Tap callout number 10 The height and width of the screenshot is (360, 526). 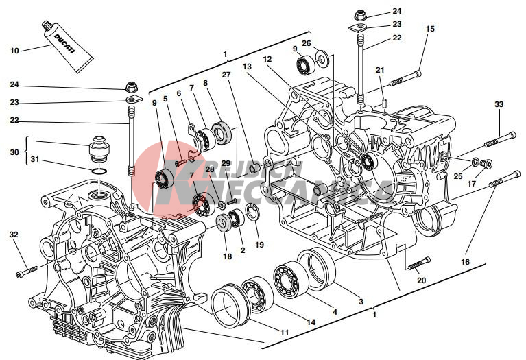point(15,50)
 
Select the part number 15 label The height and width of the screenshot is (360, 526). point(430,29)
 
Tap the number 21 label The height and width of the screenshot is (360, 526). point(381,70)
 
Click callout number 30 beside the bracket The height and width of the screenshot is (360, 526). point(14,152)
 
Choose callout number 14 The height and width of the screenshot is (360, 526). point(310,322)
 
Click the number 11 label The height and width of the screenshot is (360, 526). point(283,333)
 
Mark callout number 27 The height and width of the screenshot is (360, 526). point(226,74)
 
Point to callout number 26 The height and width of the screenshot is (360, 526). point(307,44)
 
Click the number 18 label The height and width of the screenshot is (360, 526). point(227,257)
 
